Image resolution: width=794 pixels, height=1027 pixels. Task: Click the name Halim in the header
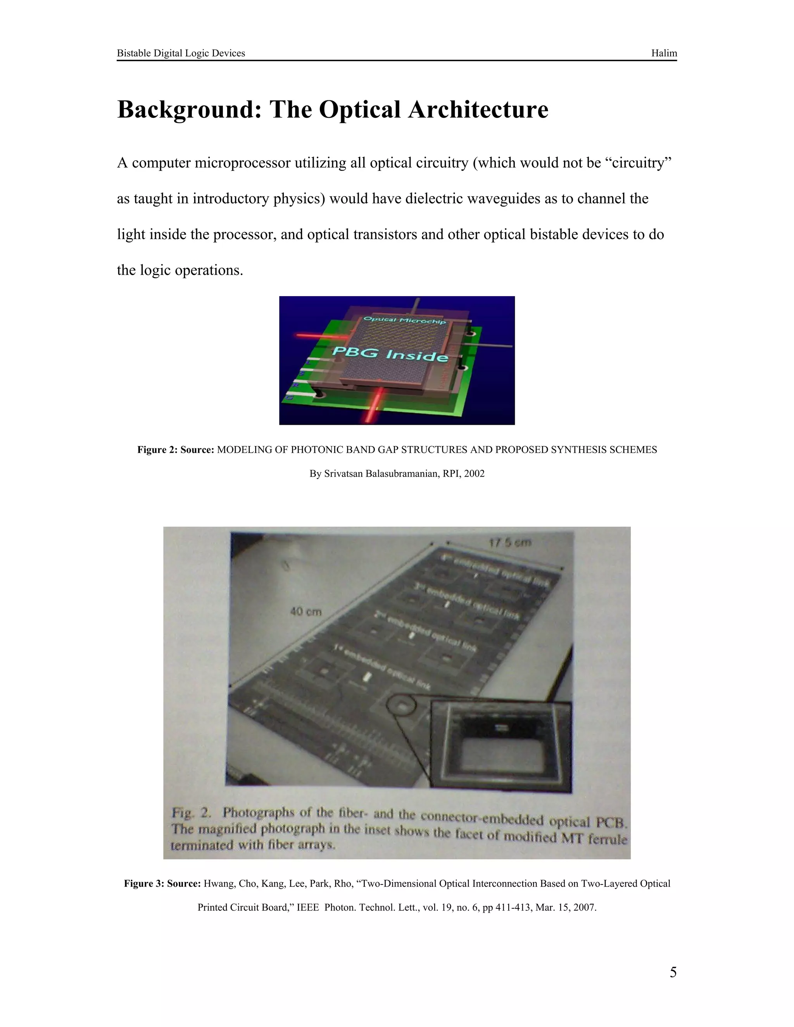pyautogui.click(x=664, y=53)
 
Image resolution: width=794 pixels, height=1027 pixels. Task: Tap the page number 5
pyautogui.click(x=673, y=972)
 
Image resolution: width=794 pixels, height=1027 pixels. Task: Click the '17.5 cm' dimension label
pyautogui.click(x=510, y=543)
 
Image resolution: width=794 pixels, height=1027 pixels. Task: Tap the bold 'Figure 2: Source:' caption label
pyautogui.click(x=176, y=450)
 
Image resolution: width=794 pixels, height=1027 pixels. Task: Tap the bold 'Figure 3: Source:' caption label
pyautogui.click(x=162, y=884)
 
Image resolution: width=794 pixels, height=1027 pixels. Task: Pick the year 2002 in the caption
pyautogui.click(x=474, y=474)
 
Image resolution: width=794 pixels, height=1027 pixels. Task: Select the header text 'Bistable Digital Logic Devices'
pyautogui.click(x=181, y=53)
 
